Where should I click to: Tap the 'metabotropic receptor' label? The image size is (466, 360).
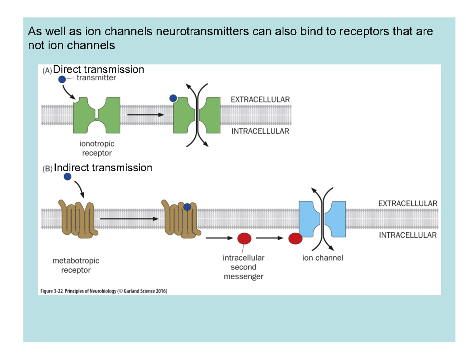pos(76,266)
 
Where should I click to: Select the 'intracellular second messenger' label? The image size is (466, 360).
pos(243,267)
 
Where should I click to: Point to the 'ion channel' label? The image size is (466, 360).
pos(323,258)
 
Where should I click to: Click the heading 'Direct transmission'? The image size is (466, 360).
pos(99,70)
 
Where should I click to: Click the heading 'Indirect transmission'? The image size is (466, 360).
pos(103,168)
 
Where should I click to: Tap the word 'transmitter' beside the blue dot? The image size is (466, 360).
pos(96,78)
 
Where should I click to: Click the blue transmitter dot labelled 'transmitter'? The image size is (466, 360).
pos(62,79)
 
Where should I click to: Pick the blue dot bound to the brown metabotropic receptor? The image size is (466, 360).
pos(188,207)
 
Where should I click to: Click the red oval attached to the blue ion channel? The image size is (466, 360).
pos(296,238)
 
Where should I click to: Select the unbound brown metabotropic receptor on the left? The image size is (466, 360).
pos(76,219)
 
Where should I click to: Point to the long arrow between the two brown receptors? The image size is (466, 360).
pos(129,219)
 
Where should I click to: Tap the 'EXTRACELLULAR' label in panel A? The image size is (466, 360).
pos(260,99)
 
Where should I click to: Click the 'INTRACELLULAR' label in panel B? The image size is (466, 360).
pos(407,235)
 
